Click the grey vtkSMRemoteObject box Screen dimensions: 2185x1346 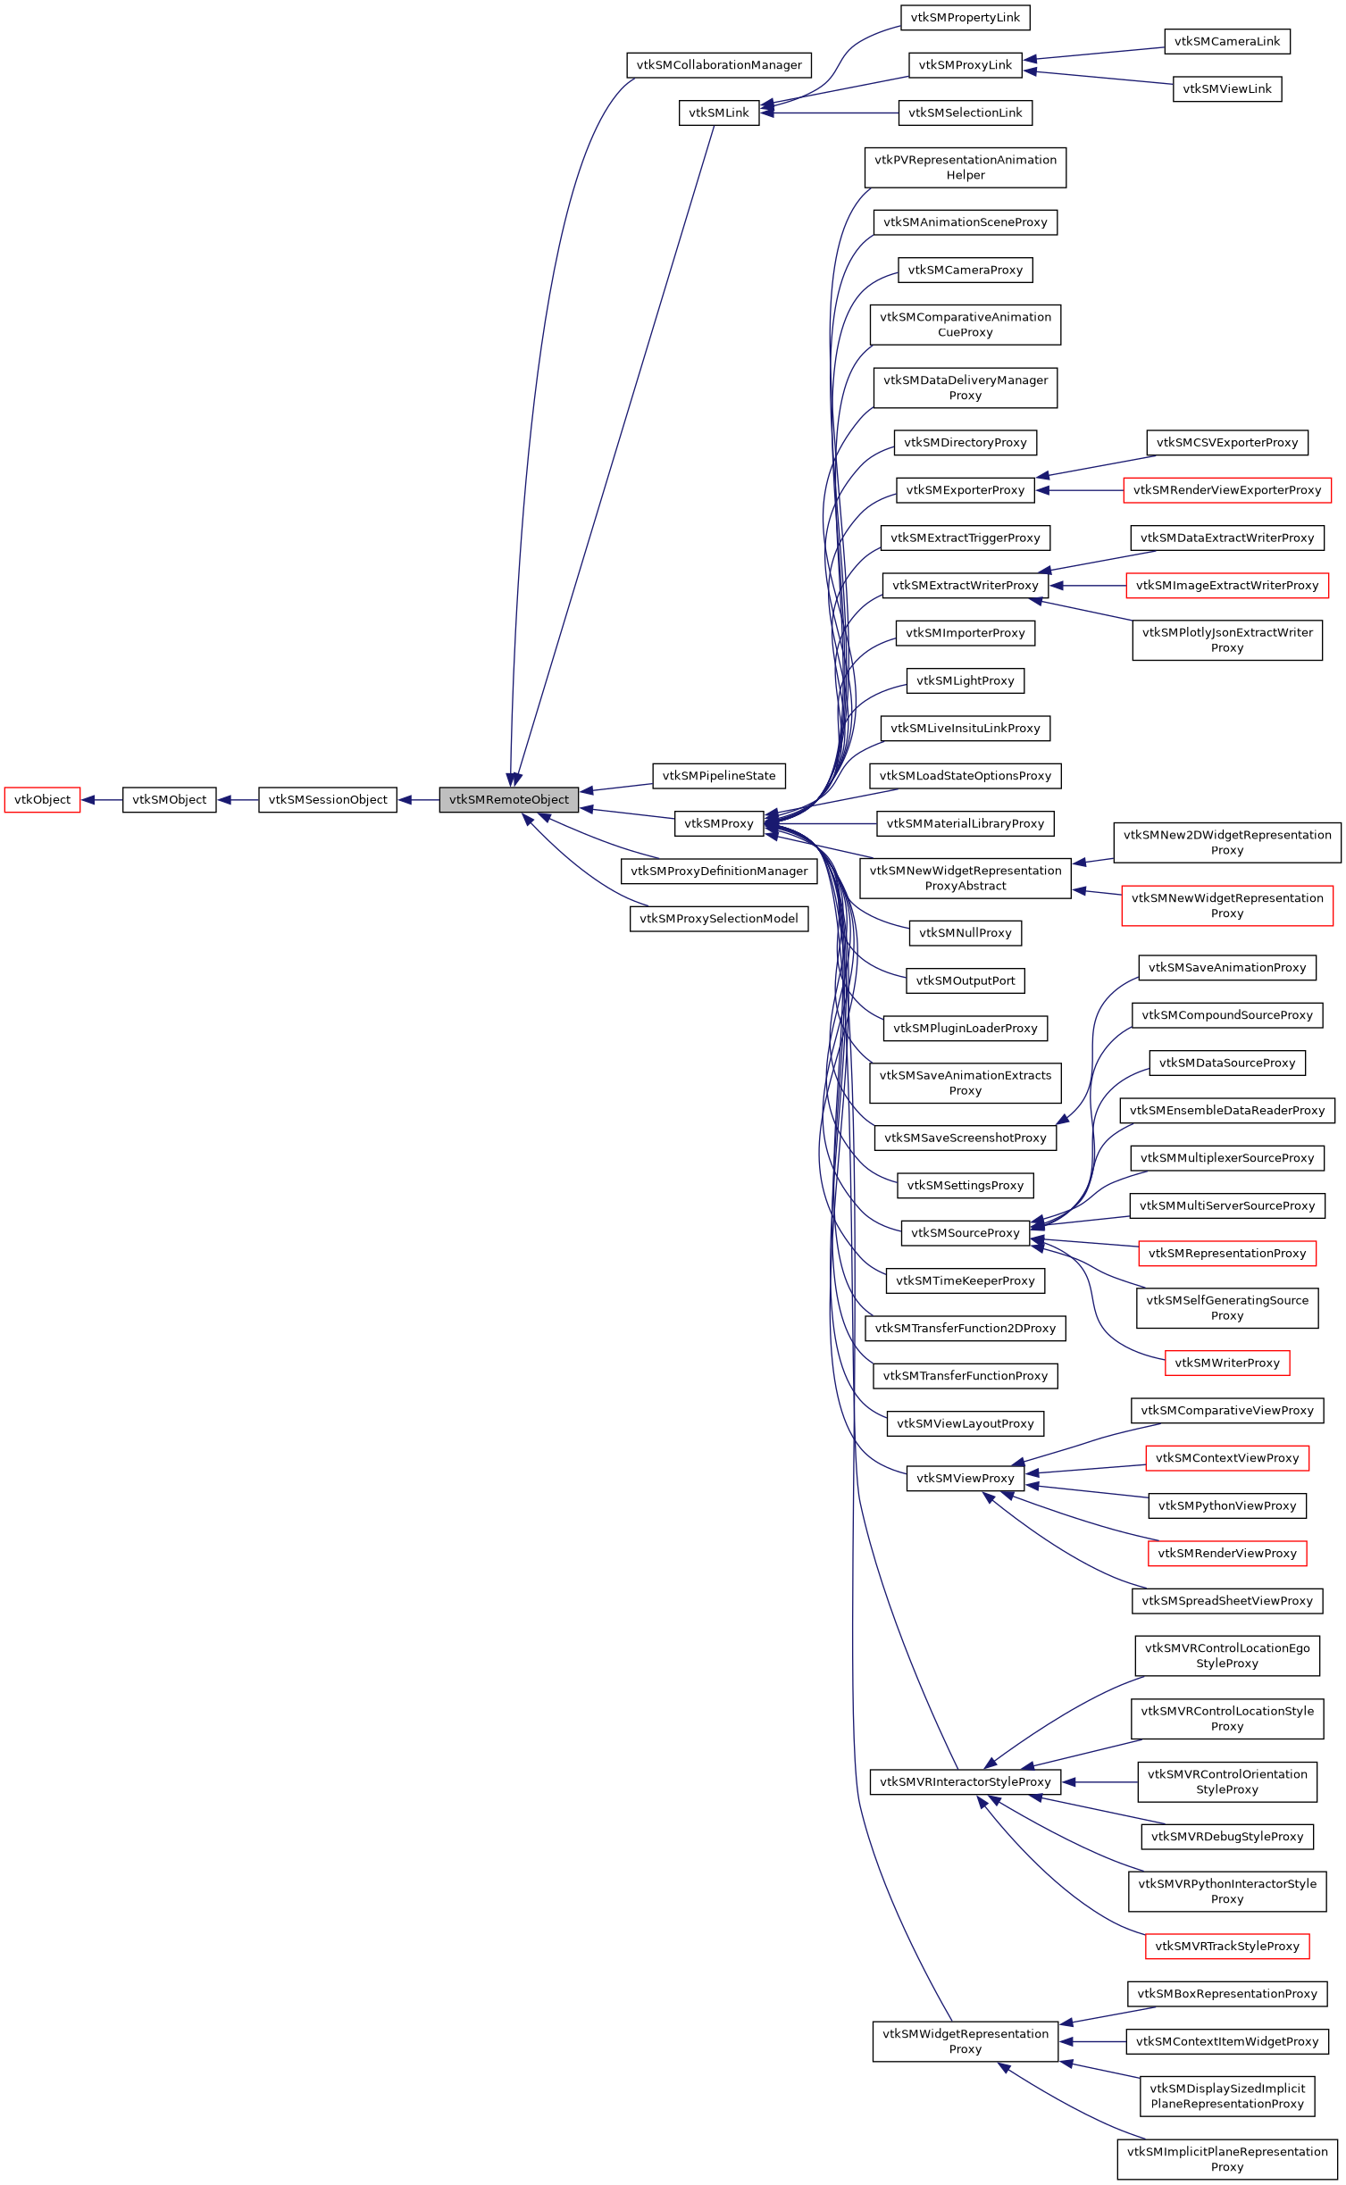coord(508,800)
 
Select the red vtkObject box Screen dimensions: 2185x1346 coord(42,800)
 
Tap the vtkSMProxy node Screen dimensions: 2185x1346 coord(719,824)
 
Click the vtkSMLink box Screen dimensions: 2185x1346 coord(719,113)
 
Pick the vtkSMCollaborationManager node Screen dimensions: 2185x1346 coord(719,65)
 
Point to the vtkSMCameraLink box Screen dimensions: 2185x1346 coord(1226,42)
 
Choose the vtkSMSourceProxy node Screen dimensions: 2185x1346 coord(965,1233)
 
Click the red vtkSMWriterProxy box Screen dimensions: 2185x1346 coord(1226,1364)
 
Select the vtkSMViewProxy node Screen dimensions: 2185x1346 coord(965,1479)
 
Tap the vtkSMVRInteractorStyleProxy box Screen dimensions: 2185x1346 coord(965,1782)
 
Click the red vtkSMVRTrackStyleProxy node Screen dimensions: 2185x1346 coord(1226,1947)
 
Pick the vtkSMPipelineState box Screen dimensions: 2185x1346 coord(719,776)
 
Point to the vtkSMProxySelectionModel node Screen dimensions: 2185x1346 coord(719,919)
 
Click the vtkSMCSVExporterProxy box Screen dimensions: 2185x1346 coord(1226,443)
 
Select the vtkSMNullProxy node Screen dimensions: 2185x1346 coord(965,933)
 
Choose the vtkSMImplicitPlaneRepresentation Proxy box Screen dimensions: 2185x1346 coord(1226,2159)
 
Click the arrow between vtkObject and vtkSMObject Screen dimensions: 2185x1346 coord(102,800)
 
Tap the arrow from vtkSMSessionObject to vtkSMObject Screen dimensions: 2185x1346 coord(238,800)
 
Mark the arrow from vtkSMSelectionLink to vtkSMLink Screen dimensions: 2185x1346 coord(831,113)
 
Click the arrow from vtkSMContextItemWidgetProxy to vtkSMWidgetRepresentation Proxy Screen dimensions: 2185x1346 coord(1093,2042)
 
